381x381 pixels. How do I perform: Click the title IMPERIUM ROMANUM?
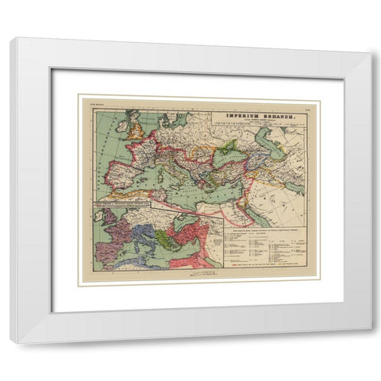point(260,116)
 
